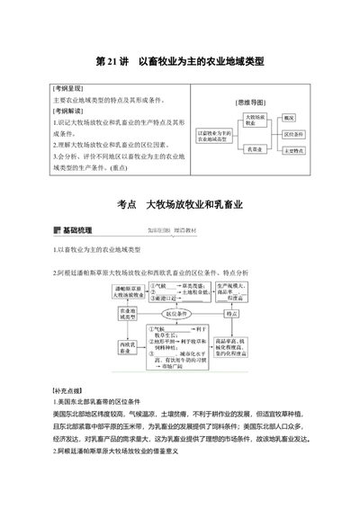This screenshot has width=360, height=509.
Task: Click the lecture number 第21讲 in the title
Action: click(x=111, y=62)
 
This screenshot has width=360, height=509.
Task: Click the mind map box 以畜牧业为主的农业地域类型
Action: click(x=215, y=135)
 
